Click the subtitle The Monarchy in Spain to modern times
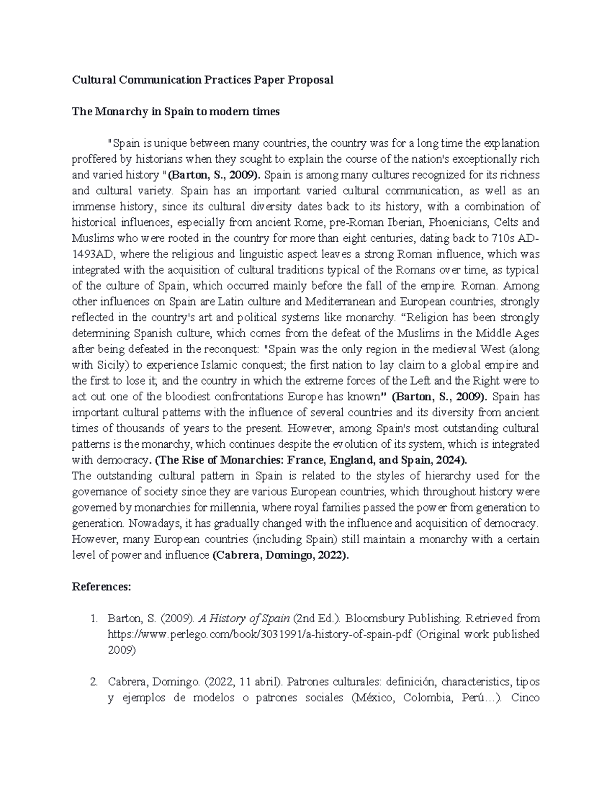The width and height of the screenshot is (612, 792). (175, 112)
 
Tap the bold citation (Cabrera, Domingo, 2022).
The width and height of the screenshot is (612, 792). (280, 555)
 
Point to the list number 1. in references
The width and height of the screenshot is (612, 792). (93, 619)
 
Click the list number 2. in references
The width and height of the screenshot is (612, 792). (93, 682)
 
